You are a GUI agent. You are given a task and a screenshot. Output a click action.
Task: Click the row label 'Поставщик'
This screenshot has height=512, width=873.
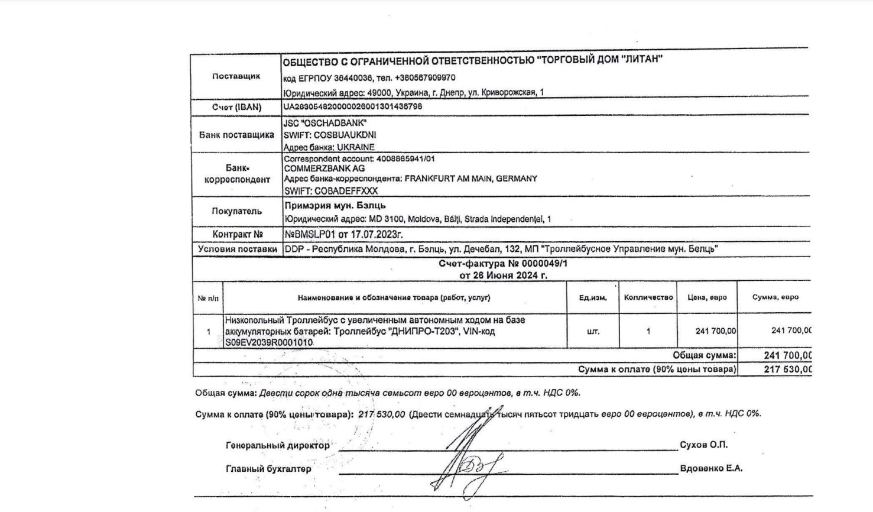pyautogui.click(x=236, y=76)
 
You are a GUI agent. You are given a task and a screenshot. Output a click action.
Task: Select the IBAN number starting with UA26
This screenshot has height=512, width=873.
pyautogui.click(x=353, y=107)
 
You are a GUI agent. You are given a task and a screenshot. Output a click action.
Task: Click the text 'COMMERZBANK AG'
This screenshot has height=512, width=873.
pyautogui.click(x=324, y=168)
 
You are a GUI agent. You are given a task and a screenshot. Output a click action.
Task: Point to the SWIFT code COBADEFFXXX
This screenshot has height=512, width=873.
pyautogui.click(x=346, y=191)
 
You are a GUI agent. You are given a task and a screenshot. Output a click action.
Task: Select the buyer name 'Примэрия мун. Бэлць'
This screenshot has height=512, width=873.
pyautogui.click(x=335, y=206)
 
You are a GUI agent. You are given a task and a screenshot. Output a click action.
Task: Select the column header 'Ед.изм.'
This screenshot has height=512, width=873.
pyautogui.click(x=593, y=298)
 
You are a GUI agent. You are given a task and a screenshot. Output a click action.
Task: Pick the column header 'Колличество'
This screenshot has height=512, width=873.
pyautogui.click(x=648, y=297)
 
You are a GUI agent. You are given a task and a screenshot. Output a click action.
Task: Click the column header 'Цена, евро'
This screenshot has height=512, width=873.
pyautogui.click(x=707, y=297)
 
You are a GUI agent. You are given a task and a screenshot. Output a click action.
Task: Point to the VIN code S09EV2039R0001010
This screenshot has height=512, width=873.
pyautogui.click(x=269, y=342)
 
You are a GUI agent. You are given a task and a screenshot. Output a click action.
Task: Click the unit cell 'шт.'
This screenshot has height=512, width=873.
pyautogui.click(x=593, y=332)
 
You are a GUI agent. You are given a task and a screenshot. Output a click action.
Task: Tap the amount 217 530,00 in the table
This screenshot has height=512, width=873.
pyautogui.click(x=788, y=370)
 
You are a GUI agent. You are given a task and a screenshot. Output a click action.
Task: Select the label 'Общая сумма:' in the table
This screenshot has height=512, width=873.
pyautogui.click(x=705, y=355)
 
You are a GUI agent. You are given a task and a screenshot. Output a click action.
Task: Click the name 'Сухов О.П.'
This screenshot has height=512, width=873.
pyautogui.click(x=703, y=445)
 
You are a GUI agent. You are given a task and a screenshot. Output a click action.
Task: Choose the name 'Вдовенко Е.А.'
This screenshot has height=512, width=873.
pyautogui.click(x=711, y=468)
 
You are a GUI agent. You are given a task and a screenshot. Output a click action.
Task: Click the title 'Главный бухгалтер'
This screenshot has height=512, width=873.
pyautogui.click(x=268, y=469)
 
